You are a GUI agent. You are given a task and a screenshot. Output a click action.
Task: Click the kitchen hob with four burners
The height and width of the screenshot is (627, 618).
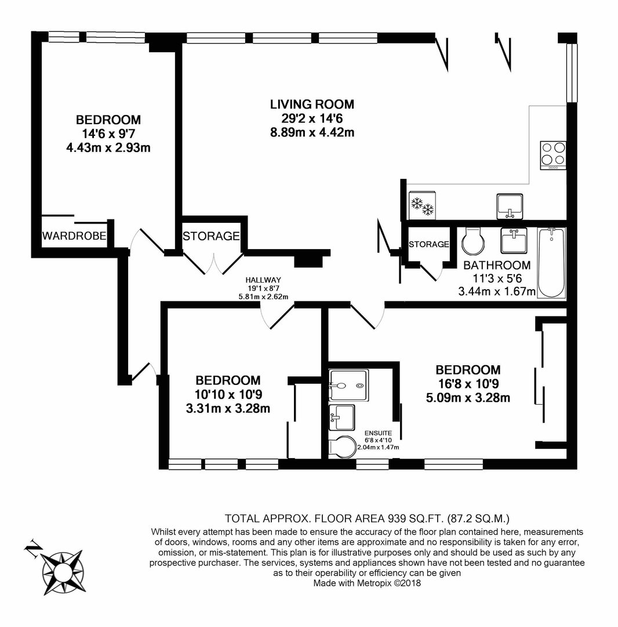click(553, 155)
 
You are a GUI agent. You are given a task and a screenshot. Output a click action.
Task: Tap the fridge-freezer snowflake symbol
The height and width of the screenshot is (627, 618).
click(423, 206)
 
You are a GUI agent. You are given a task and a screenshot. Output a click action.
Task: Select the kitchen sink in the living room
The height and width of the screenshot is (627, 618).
click(510, 206)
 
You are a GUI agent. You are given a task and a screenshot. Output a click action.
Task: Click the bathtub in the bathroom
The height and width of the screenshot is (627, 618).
click(551, 263)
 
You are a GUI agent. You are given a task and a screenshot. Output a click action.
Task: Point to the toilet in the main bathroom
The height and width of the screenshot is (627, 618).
click(474, 241)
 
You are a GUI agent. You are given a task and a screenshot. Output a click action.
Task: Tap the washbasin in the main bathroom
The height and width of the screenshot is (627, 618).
click(514, 240)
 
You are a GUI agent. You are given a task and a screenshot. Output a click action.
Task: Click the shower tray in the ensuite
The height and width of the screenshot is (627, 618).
click(348, 385)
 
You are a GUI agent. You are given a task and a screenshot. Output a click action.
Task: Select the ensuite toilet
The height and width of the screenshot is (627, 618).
click(343, 447)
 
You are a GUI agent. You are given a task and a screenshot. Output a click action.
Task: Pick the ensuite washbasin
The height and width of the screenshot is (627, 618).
click(341, 417)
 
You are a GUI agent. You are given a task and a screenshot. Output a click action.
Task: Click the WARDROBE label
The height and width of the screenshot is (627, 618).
click(74, 236)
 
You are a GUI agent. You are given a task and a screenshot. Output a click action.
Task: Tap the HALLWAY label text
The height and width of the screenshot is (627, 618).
click(263, 280)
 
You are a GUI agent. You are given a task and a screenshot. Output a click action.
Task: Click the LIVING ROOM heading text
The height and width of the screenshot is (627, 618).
click(312, 105)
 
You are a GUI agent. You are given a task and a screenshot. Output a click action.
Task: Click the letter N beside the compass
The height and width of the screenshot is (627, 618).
click(32, 547)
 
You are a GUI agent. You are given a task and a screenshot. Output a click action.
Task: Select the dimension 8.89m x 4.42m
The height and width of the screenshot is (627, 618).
click(312, 132)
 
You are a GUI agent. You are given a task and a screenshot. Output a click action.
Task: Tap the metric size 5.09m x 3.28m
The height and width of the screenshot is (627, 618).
click(468, 398)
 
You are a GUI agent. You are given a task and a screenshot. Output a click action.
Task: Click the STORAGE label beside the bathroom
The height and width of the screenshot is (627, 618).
click(429, 244)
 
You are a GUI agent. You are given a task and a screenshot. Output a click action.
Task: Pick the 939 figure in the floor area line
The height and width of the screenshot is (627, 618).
click(397, 518)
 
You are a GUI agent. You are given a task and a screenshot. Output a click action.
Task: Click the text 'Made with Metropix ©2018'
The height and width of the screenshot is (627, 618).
click(367, 583)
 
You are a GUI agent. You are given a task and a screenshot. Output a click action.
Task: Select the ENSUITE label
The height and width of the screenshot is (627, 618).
click(378, 433)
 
